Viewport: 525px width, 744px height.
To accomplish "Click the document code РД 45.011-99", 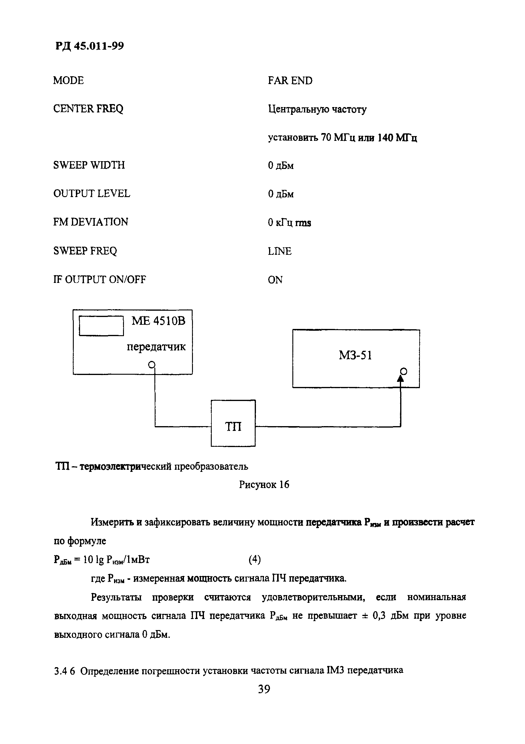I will click(89, 46).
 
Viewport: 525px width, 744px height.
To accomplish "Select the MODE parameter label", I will click(68, 80).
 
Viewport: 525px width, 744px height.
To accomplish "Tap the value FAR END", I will click(290, 81).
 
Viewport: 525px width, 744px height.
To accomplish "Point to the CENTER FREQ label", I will click(88, 109).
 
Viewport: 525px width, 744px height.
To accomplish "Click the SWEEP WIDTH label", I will click(89, 165).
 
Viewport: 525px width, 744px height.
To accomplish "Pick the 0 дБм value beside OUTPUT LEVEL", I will click(281, 194).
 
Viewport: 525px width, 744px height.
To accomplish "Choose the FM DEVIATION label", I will click(90, 222).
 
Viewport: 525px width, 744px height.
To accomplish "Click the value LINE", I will click(280, 251).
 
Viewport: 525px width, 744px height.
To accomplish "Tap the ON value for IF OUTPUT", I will click(275, 280).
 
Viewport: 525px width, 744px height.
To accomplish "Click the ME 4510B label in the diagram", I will click(158, 321).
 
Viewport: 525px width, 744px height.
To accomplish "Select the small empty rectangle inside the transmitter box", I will click(101, 326).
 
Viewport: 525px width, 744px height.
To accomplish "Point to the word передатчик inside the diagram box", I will click(156, 347).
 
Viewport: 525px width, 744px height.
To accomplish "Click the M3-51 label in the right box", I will click(355, 356).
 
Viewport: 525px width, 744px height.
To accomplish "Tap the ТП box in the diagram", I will click(233, 423).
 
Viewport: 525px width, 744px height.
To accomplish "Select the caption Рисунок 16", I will click(264, 485).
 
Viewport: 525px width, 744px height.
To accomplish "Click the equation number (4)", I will click(254, 559).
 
